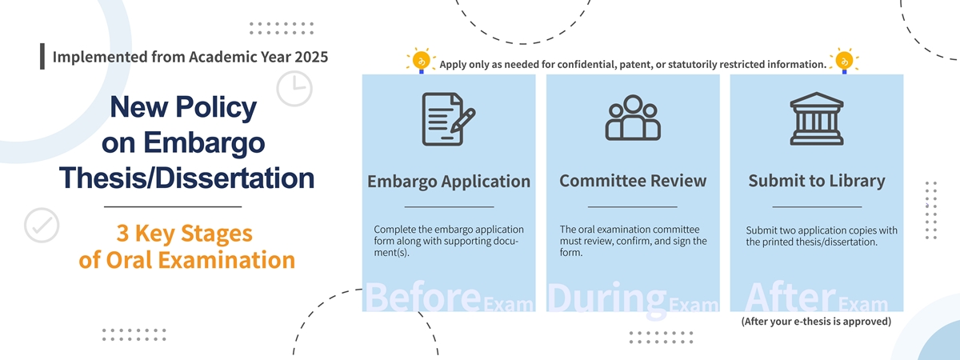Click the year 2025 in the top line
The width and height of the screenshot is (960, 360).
pos(310,57)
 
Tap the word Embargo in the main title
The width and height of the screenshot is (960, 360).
pos(204,142)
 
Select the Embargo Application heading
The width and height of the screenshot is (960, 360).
pos(449,182)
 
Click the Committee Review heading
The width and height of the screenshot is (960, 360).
pos(633,181)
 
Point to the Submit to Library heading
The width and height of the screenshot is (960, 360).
pos(817,181)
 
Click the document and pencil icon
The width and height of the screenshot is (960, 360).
pos(449,119)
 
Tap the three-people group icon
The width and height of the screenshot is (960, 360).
pos(633,118)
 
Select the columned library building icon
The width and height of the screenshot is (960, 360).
pos(817,118)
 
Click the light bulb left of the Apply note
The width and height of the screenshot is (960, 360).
pos(422,61)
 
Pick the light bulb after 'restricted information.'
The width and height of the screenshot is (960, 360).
pos(844,61)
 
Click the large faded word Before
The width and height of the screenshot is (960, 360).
pos(423,297)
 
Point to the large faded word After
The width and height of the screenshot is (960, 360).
pos(790,297)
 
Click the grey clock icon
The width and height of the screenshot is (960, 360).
pos(294,89)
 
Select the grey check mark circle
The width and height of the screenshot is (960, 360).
pos(42,226)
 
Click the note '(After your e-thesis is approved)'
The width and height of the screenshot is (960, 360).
pos(817,322)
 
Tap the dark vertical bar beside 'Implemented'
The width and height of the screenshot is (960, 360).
pos(42,56)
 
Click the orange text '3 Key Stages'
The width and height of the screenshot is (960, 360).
pos(185,234)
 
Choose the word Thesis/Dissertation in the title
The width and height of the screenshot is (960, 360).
pos(187,178)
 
